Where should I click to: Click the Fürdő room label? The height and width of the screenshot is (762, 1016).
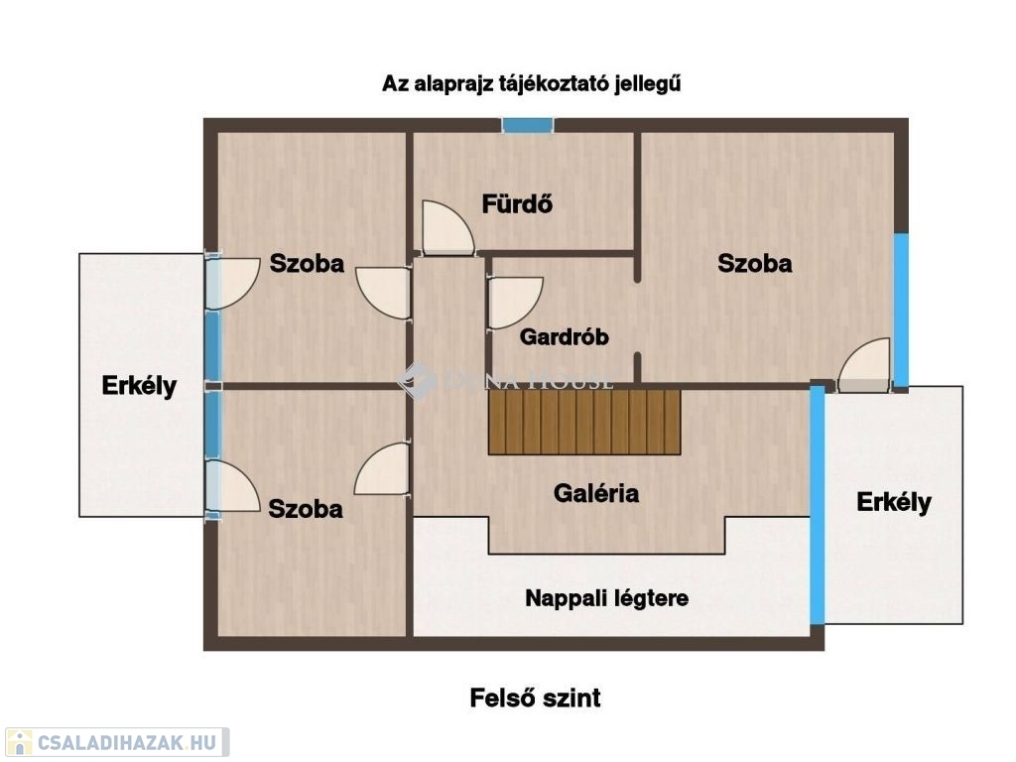(x=517, y=204)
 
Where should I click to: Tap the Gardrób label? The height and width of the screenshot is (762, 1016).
(x=565, y=337)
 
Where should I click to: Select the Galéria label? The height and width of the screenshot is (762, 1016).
(x=596, y=493)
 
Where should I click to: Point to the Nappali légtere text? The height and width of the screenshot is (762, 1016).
(x=606, y=598)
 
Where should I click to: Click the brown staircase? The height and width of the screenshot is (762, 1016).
(x=584, y=421)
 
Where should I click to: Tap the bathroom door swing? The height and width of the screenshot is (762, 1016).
(x=447, y=227)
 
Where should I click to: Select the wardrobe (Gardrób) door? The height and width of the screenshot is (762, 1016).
(x=515, y=303)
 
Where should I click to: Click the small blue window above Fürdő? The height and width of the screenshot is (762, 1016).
(x=528, y=125)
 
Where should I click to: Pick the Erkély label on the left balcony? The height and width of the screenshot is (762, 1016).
(x=139, y=386)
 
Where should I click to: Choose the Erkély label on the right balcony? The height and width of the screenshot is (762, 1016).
(x=894, y=502)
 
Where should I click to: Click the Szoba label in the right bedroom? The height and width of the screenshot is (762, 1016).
(x=755, y=264)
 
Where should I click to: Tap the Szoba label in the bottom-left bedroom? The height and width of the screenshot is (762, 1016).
(x=306, y=509)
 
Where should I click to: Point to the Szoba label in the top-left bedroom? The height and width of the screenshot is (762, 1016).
(x=307, y=264)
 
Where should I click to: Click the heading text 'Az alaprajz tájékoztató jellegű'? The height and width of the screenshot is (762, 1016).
(x=532, y=84)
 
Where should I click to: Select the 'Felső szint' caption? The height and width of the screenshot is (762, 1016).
(x=535, y=698)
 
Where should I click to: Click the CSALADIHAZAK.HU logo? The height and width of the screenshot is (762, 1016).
(x=117, y=742)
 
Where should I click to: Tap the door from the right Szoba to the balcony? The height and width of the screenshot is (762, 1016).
(x=864, y=365)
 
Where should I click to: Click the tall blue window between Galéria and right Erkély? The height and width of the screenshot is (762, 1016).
(x=818, y=505)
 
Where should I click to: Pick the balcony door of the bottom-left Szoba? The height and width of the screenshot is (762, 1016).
(x=232, y=487)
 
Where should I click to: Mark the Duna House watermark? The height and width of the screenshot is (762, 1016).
(x=505, y=380)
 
